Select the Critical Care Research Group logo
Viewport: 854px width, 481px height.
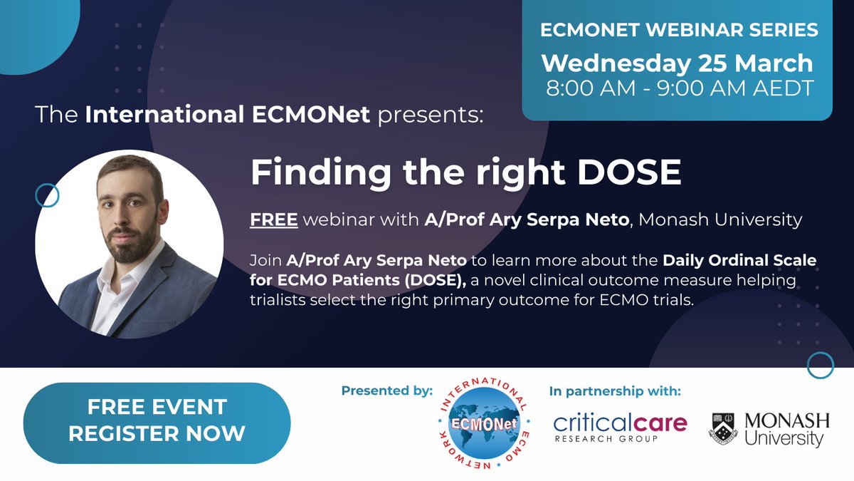click(620, 427)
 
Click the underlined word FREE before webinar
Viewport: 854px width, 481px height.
click(273, 220)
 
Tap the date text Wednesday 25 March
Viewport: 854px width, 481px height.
click(677, 63)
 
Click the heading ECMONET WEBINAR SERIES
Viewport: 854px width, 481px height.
click(679, 31)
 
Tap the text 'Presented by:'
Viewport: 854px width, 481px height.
click(386, 391)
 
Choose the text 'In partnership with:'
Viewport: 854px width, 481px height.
click(615, 391)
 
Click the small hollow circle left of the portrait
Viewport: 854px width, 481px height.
click(46, 194)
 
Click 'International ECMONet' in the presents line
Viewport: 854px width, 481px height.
click(227, 115)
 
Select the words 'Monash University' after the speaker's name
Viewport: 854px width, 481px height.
click(720, 220)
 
